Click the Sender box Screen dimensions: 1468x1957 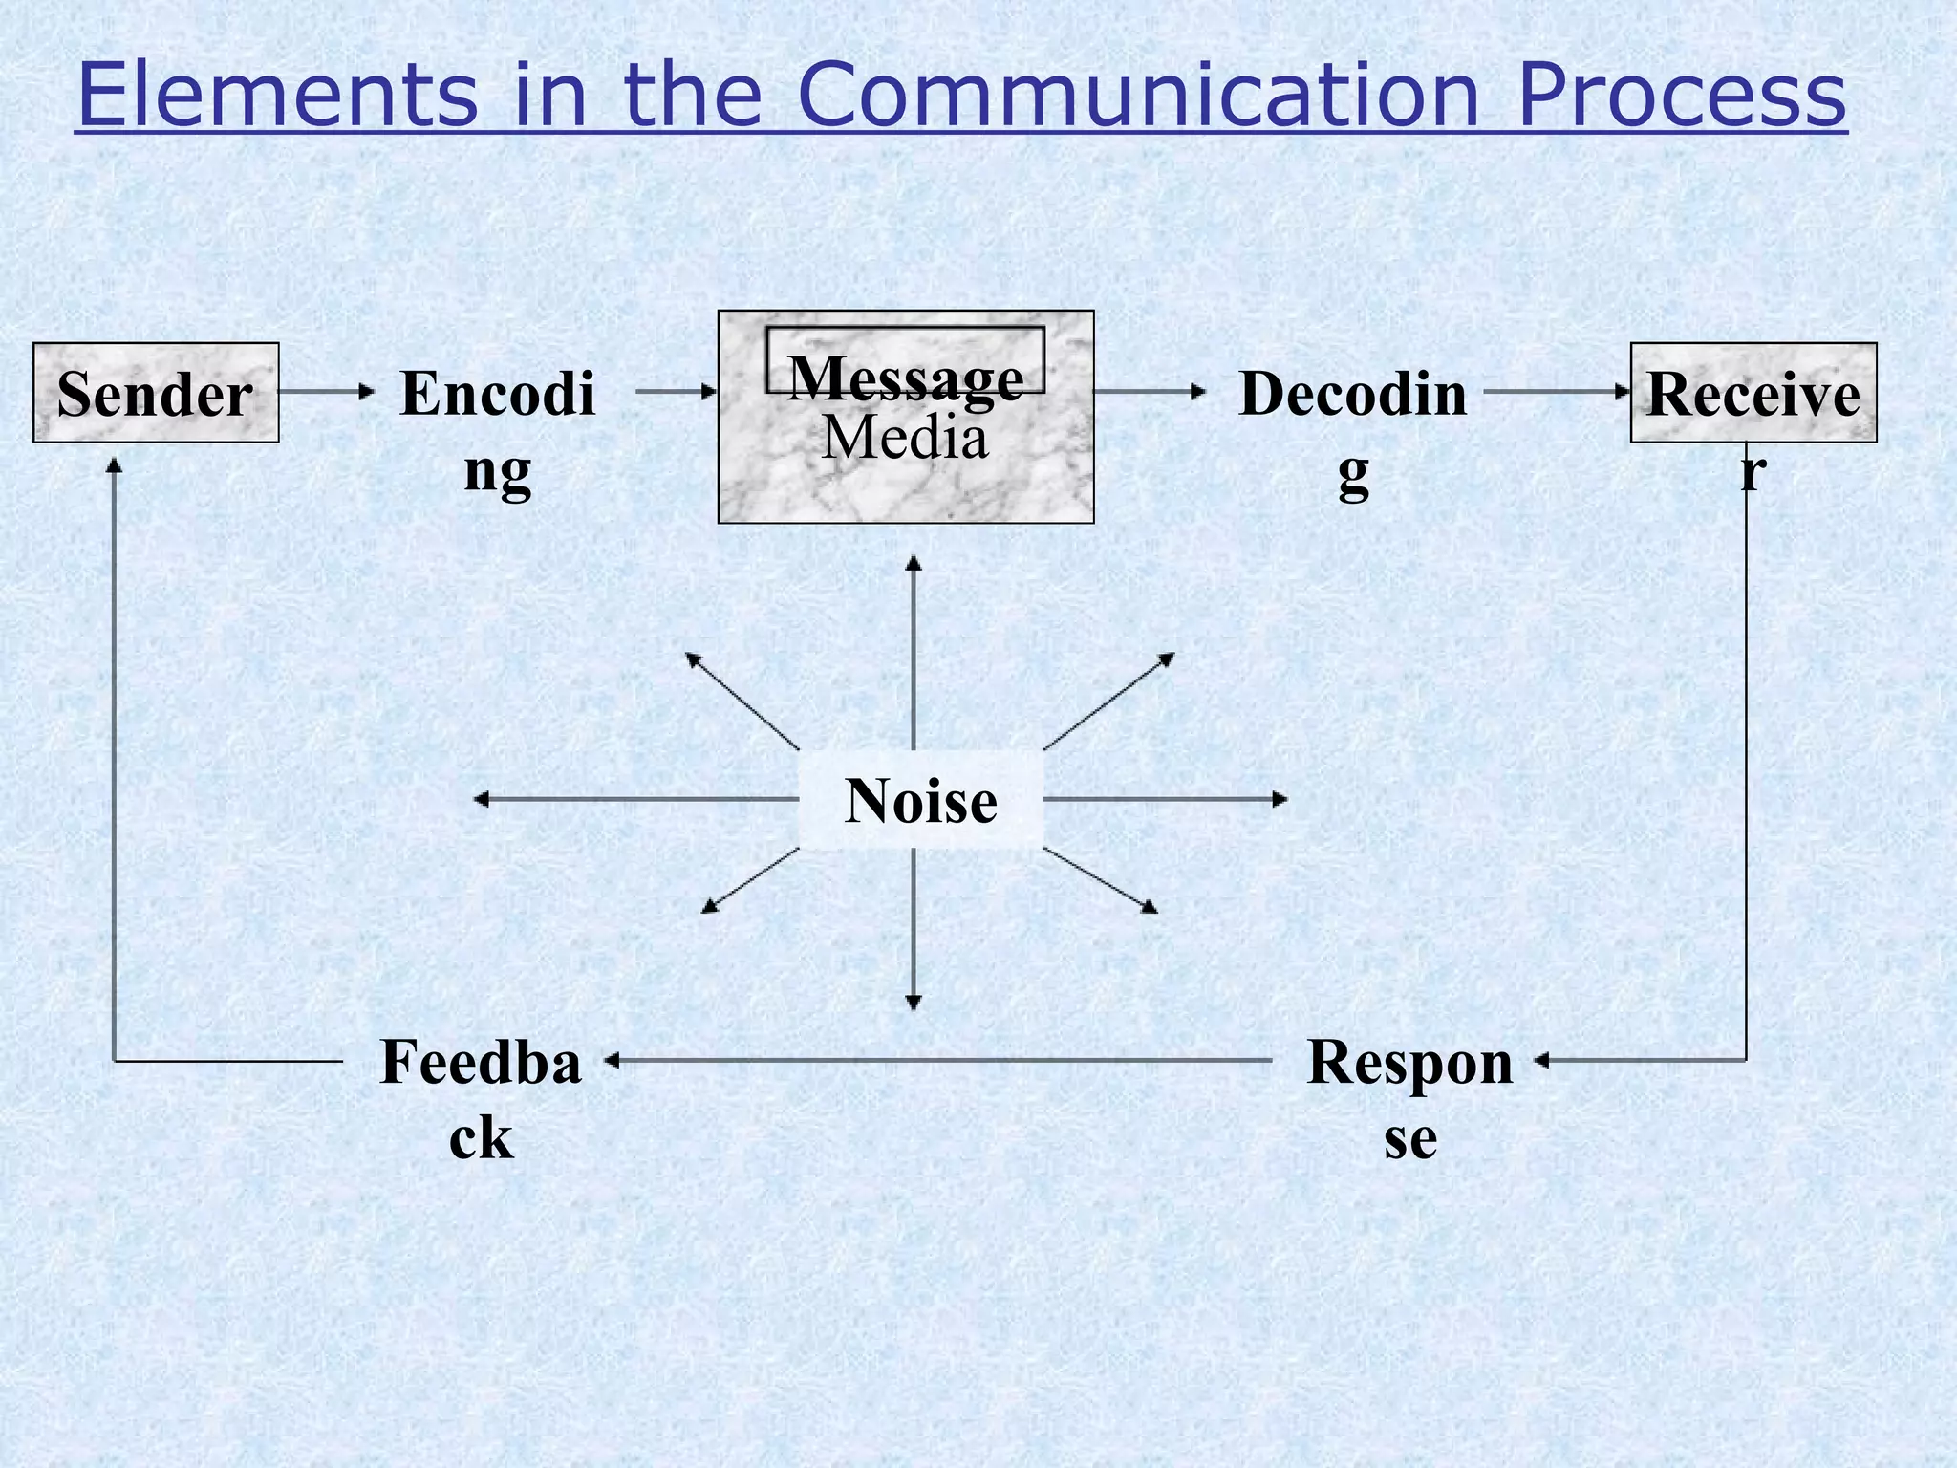click(156, 393)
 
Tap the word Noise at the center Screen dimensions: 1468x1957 click(921, 800)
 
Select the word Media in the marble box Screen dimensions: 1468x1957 click(905, 439)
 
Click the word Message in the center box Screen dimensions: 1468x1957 click(905, 377)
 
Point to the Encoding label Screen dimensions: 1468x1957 click(498, 430)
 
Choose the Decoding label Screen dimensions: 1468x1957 click(1353, 430)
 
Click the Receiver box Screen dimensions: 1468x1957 click(1753, 393)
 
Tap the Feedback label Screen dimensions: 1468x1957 click(481, 1099)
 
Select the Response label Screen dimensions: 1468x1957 click(1410, 1099)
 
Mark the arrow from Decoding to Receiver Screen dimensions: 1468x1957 click(1558, 391)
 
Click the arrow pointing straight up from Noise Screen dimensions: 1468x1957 click(914, 650)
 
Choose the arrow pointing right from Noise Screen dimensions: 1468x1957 click(1166, 799)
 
